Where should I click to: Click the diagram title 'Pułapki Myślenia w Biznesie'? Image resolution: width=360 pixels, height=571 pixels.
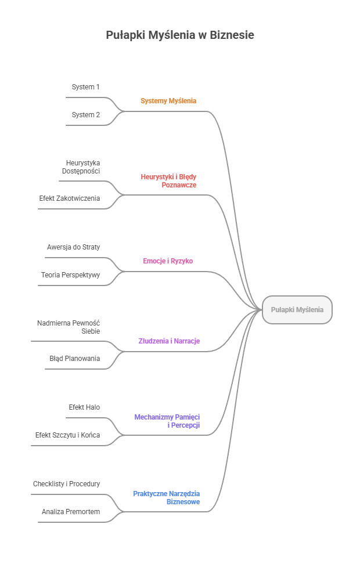tap(180, 35)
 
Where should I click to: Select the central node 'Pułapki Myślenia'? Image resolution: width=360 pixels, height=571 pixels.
tap(297, 310)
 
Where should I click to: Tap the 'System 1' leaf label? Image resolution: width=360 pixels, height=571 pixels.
tap(86, 87)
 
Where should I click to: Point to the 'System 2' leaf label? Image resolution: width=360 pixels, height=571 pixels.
tap(86, 115)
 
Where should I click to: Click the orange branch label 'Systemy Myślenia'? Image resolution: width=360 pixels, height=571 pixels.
tap(168, 101)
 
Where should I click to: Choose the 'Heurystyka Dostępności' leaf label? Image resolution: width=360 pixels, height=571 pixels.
tap(81, 167)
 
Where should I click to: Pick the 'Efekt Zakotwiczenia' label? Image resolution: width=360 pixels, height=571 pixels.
tap(70, 198)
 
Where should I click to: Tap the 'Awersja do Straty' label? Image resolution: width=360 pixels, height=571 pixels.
tap(74, 247)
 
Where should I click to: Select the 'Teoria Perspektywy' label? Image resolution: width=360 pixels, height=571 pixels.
tap(71, 275)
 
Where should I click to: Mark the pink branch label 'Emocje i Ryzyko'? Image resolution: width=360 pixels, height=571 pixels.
tap(168, 261)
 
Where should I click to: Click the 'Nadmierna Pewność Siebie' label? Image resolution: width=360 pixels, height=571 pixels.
tap(69, 327)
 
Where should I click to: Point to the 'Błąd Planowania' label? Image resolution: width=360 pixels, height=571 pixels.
tap(75, 359)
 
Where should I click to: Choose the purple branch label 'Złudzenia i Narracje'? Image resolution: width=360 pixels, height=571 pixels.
tap(169, 341)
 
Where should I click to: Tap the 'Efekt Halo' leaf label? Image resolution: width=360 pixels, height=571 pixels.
tap(84, 407)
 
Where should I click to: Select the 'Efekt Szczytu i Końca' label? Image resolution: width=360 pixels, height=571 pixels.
tap(67, 435)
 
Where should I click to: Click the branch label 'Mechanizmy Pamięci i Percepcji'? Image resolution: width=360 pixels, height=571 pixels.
tap(167, 421)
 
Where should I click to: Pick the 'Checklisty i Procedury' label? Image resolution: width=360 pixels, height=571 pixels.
tap(67, 484)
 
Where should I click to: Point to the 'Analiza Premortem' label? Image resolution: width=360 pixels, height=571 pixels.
tap(71, 512)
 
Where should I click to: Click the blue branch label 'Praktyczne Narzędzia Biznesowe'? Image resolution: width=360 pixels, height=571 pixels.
tap(167, 497)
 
